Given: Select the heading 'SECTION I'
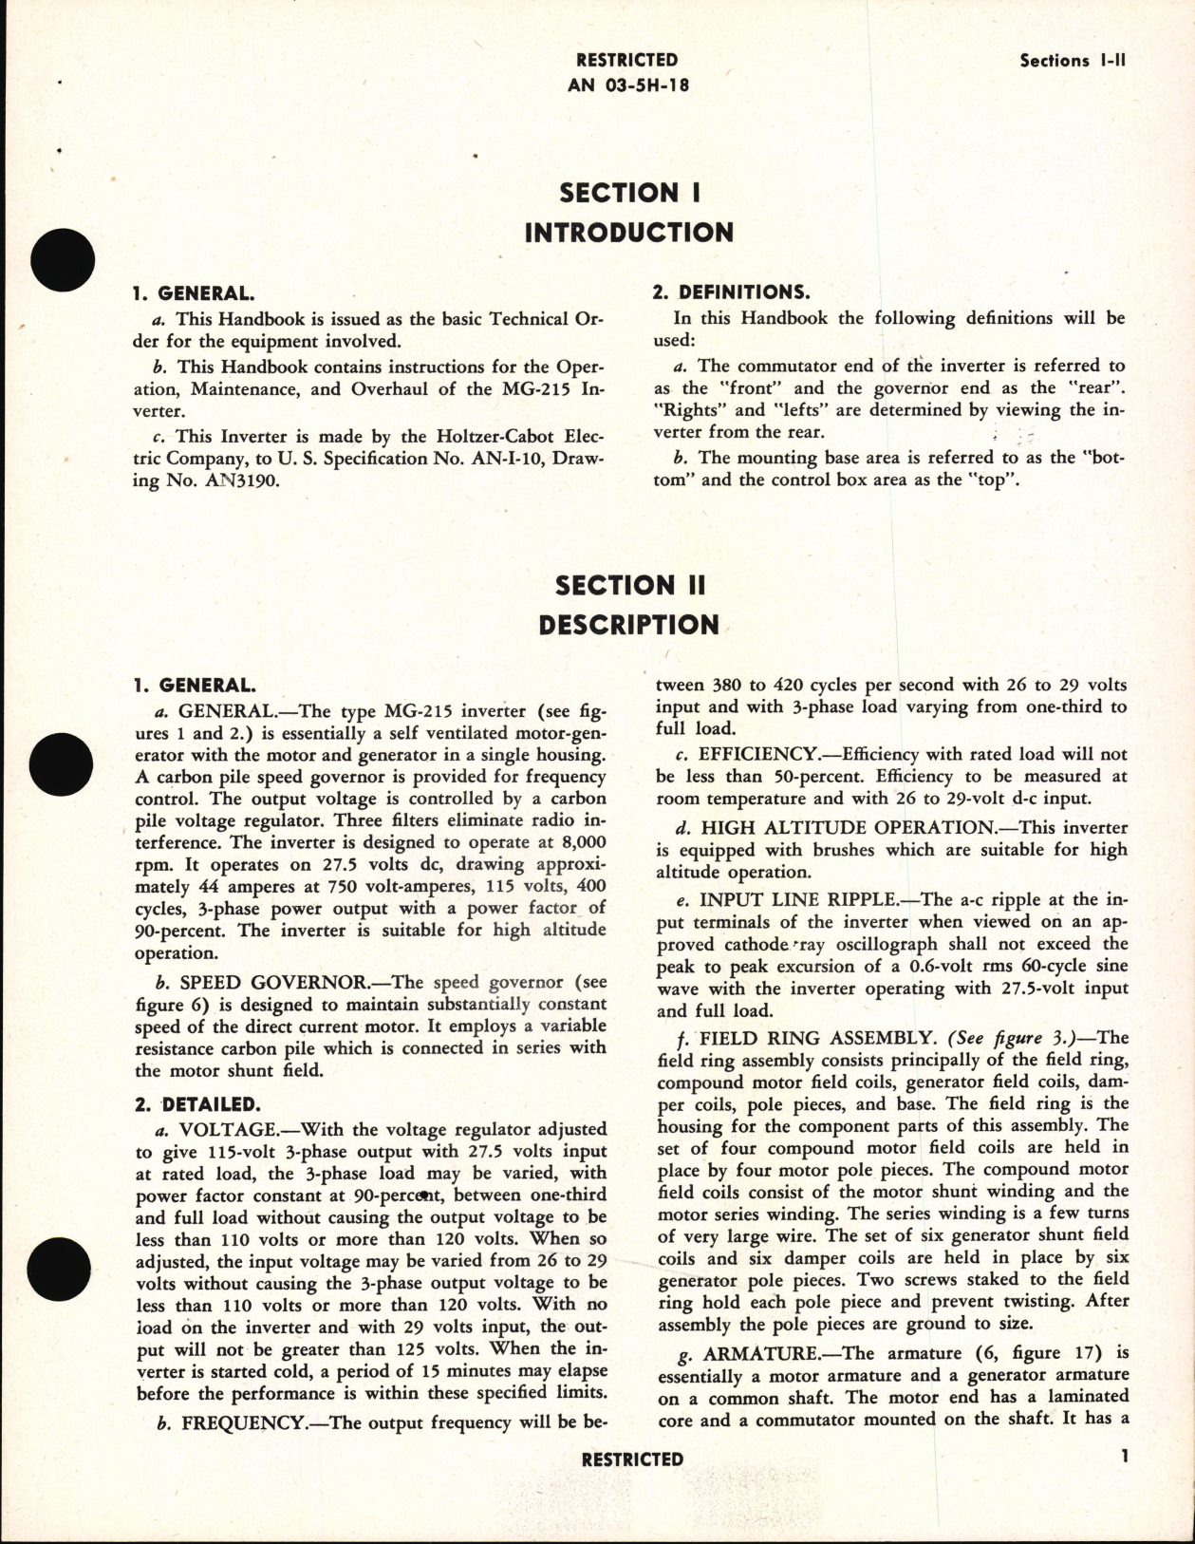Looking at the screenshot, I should point(629,193).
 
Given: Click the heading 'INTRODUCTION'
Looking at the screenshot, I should point(629,233).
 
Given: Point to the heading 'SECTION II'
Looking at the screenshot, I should point(629,585).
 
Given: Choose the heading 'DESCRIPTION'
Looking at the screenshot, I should point(629,625).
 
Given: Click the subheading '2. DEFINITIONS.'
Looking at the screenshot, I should point(731,292).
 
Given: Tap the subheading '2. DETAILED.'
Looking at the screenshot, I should point(196,1104).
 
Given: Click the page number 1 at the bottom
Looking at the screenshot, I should point(1125,1457).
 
